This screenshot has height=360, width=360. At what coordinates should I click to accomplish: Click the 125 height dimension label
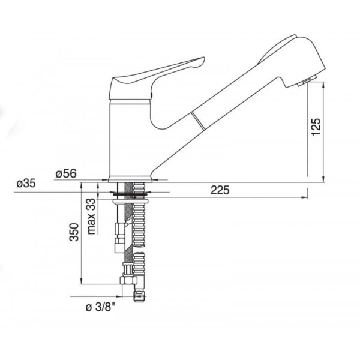click(x=316, y=127)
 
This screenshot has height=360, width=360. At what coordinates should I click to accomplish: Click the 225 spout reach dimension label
click(x=220, y=190)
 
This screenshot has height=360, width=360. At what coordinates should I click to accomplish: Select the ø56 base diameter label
click(x=66, y=173)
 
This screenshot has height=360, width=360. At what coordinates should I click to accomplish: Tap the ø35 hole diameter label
click(x=26, y=184)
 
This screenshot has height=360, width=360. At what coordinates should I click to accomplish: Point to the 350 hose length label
click(x=74, y=232)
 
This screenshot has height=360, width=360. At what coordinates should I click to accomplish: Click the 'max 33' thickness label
click(x=91, y=216)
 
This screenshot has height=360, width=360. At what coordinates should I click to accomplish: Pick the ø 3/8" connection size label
click(x=100, y=307)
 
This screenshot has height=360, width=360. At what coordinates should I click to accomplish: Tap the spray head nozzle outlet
click(x=304, y=82)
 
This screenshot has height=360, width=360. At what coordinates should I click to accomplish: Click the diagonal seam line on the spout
click(x=197, y=122)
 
